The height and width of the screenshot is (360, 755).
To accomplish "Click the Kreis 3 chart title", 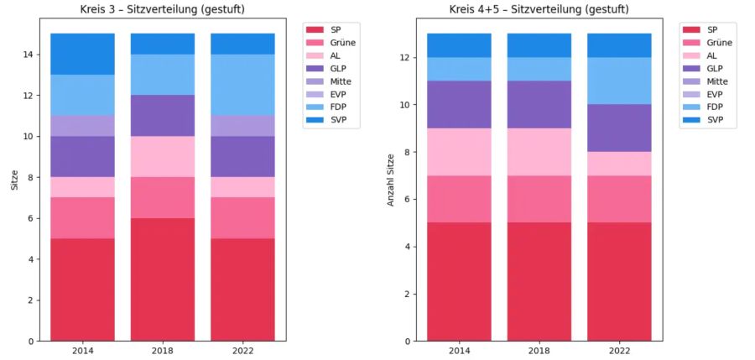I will click(168, 10).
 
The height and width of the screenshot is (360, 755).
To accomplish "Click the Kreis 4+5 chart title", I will click(544, 10).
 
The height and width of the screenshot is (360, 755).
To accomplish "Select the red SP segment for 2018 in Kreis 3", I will click(162, 279).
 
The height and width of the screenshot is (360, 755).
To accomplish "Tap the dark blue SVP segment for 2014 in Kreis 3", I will click(82, 54).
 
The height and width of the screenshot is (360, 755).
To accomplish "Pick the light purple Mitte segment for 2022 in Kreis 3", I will click(242, 125).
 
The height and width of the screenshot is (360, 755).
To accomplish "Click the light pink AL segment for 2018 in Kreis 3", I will click(162, 156).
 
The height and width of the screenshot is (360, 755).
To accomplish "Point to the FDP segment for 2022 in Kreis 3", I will click(242, 85).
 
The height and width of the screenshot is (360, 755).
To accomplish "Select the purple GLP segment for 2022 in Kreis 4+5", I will click(619, 128).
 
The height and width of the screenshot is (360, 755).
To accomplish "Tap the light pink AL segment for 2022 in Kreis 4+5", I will click(619, 163).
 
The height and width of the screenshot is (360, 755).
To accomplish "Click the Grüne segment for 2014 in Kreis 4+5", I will click(459, 199).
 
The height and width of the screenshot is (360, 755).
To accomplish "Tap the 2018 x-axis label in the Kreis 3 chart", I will click(162, 351).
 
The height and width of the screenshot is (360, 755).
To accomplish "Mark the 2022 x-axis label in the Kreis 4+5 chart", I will click(619, 351).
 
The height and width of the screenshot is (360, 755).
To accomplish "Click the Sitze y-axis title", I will click(14, 178).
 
